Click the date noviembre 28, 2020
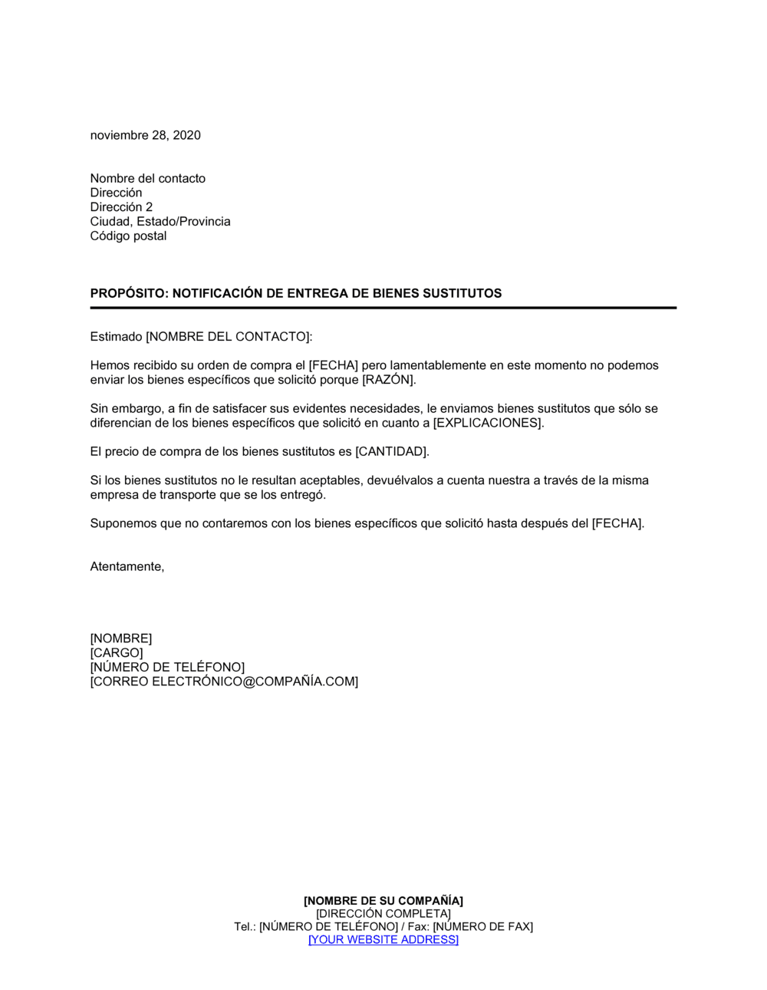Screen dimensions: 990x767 [x=145, y=135]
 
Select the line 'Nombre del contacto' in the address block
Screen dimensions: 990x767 [x=147, y=178]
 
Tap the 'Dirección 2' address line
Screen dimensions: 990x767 [x=121, y=207]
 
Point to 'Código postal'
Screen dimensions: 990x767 [x=128, y=236]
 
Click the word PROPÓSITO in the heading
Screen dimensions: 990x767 [x=127, y=293]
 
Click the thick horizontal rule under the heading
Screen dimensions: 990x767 [x=383, y=308]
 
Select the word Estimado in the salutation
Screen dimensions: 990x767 [x=116, y=336]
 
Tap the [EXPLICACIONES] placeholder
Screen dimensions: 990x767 [x=488, y=423]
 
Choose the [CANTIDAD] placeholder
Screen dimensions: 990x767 [x=392, y=451]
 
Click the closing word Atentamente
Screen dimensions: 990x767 [x=127, y=566]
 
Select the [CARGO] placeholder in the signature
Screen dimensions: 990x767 [x=117, y=653]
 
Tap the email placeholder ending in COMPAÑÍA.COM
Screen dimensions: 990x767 [x=224, y=681]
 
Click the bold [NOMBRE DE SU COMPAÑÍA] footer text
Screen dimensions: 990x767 [x=383, y=901]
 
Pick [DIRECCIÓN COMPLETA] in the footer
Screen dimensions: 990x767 [x=383, y=914]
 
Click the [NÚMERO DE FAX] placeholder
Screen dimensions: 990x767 [x=482, y=927]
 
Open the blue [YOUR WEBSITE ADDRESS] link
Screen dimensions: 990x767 [x=383, y=940]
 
